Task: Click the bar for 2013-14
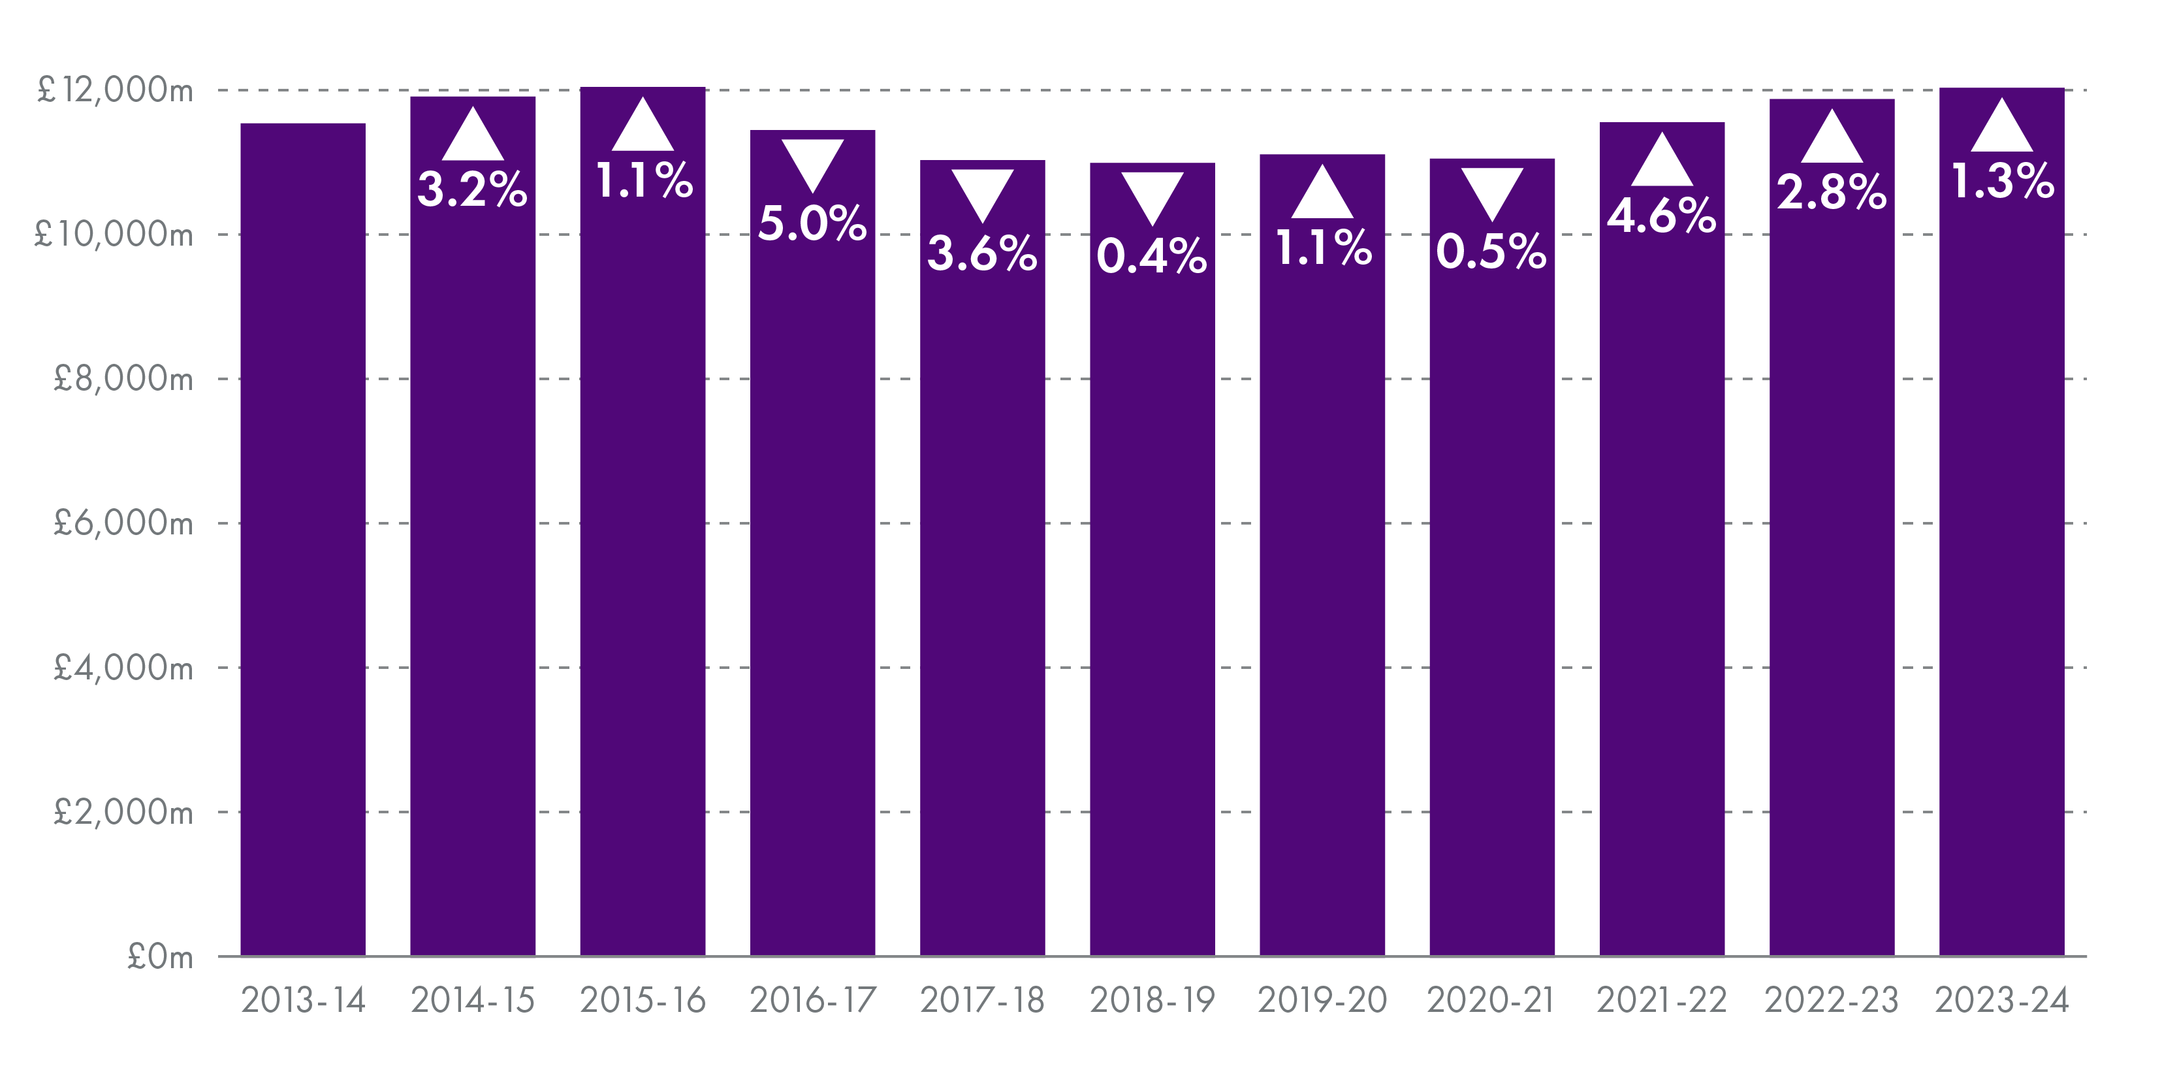click(x=302, y=541)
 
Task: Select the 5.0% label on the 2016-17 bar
click(x=812, y=224)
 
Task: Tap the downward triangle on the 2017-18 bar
click(x=982, y=193)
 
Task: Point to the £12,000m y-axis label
click(x=115, y=89)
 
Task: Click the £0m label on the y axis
click(x=160, y=957)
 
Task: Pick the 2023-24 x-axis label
click(x=2001, y=1001)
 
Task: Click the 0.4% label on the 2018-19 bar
click(x=1152, y=256)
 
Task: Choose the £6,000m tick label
click(x=123, y=523)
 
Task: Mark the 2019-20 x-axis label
click(x=1322, y=1001)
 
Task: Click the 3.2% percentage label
click(x=472, y=189)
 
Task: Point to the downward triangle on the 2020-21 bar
click(x=1491, y=191)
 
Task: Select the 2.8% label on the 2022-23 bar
click(x=1832, y=192)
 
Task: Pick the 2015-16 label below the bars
click(x=643, y=1001)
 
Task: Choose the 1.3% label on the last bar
click(x=2001, y=182)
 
